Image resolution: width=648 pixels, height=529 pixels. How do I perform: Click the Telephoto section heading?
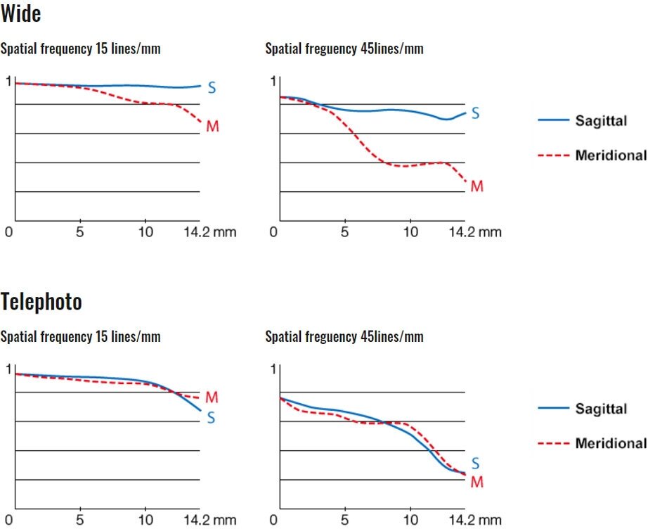(x=41, y=302)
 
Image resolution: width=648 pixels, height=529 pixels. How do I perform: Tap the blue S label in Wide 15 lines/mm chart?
(x=212, y=88)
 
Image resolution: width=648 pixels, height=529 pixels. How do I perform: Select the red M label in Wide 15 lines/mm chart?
(x=212, y=127)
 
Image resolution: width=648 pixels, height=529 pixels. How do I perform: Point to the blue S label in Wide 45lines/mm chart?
(x=475, y=113)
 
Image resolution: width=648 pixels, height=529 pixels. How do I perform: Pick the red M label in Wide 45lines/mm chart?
(x=477, y=186)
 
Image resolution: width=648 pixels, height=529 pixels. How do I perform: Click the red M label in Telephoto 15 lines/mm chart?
(x=212, y=398)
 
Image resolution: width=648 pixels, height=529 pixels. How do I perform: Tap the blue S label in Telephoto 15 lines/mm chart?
(x=211, y=418)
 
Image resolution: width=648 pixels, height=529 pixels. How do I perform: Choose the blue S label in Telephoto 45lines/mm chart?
(x=475, y=464)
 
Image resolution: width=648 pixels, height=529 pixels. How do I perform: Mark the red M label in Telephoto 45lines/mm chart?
(x=477, y=483)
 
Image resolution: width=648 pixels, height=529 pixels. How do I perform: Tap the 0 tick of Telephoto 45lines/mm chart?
(x=274, y=521)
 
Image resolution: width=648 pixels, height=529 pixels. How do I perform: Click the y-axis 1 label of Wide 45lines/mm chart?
(x=273, y=82)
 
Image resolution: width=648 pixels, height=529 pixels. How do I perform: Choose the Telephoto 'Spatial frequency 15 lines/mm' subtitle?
(x=80, y=336)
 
